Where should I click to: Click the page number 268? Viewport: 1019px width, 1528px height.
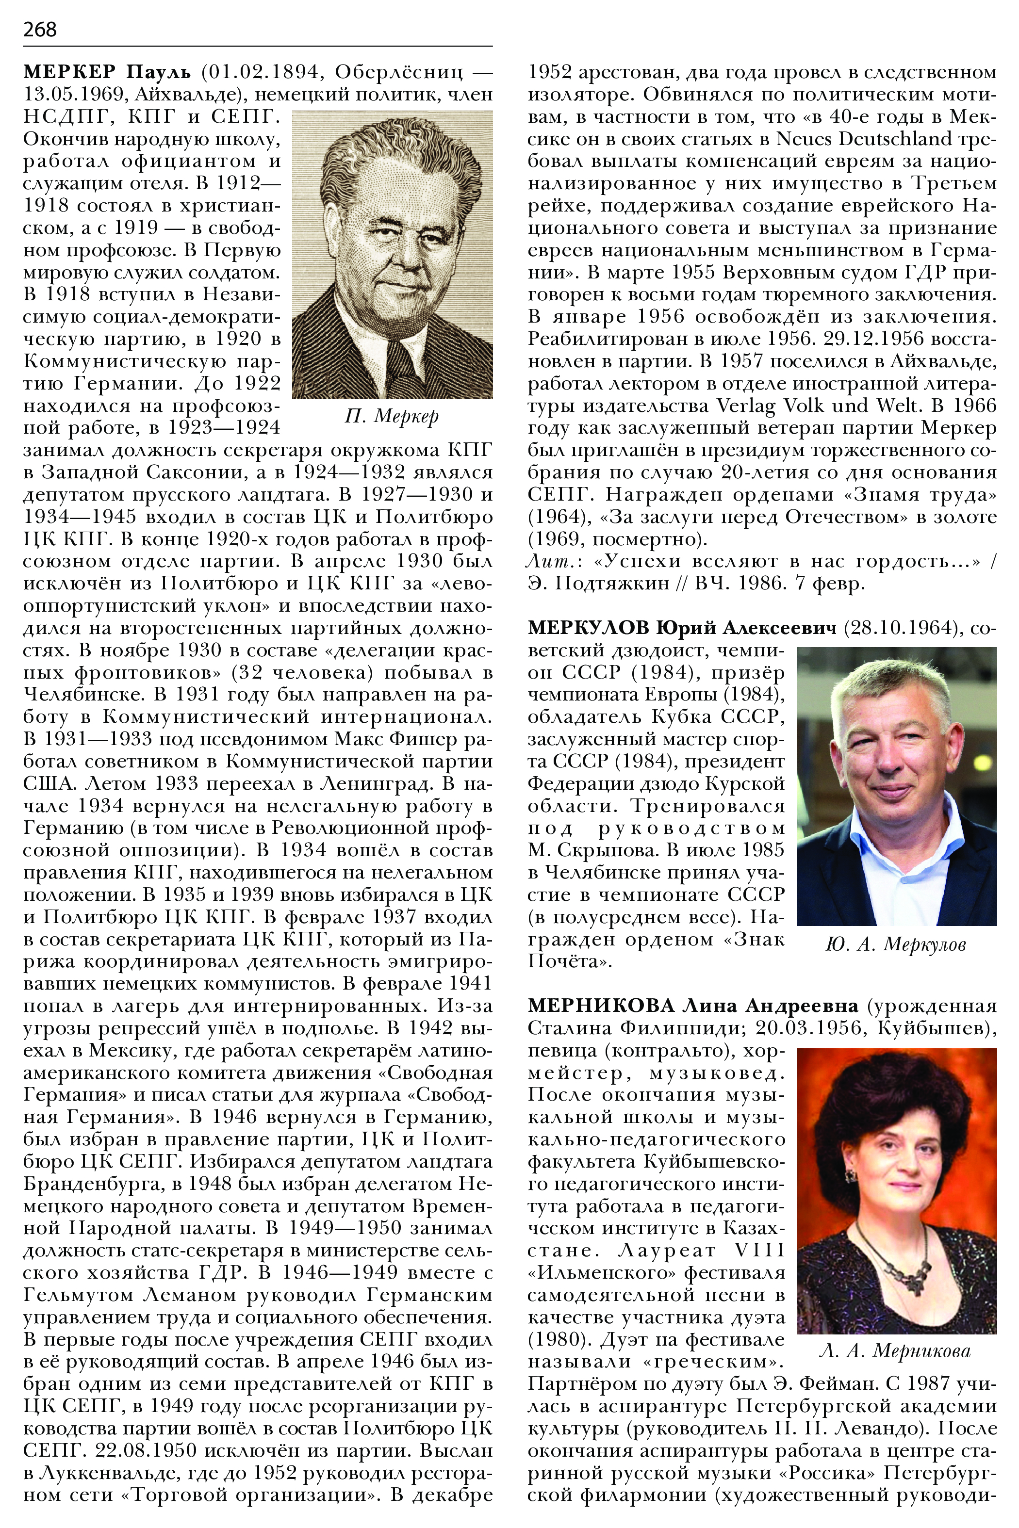(x=40, y=29)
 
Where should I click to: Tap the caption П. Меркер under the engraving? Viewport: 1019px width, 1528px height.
(x=392, y=416)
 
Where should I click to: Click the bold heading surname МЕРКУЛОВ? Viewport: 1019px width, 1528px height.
(x=588, y=628)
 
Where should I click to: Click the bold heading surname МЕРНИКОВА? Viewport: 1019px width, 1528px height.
(x=601, y=1007)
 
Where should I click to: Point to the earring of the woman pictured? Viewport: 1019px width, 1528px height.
(x=849, y=1176)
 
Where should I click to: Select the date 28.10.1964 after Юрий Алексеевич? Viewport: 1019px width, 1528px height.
(x=900, y=628)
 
